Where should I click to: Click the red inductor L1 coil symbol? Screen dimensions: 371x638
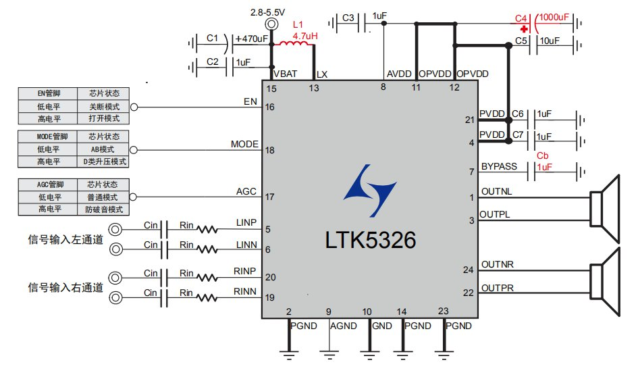click(x=295, y=46)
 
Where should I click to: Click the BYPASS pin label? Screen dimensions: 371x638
click(x=499, y=167)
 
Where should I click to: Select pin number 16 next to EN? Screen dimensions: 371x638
click(x=270, y=107)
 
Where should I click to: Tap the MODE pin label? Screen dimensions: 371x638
click(x=244, y=145)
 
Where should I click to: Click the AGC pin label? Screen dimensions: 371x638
click(x=246, y=191)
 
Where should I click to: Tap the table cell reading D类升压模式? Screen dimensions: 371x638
click(x=104, y=162)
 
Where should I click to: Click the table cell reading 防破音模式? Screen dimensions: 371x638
click(x=104, y=209)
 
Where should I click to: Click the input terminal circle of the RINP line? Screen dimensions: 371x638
click(x=116, y=278)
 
